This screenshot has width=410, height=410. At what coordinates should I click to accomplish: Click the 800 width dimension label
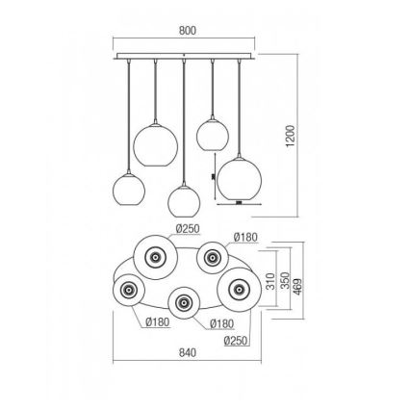click(188, 30)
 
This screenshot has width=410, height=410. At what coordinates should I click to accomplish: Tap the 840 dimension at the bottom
click(188, 353)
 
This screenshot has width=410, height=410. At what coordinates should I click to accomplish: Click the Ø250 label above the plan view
click(189, 228)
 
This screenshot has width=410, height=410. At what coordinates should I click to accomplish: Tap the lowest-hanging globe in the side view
click(184, 200)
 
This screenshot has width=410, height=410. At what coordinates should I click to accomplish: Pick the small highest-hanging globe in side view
click(212, 132)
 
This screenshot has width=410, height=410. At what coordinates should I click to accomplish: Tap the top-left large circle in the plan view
click(155, 254)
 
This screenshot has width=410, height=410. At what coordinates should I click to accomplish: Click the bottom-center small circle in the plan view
click(183, 304)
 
